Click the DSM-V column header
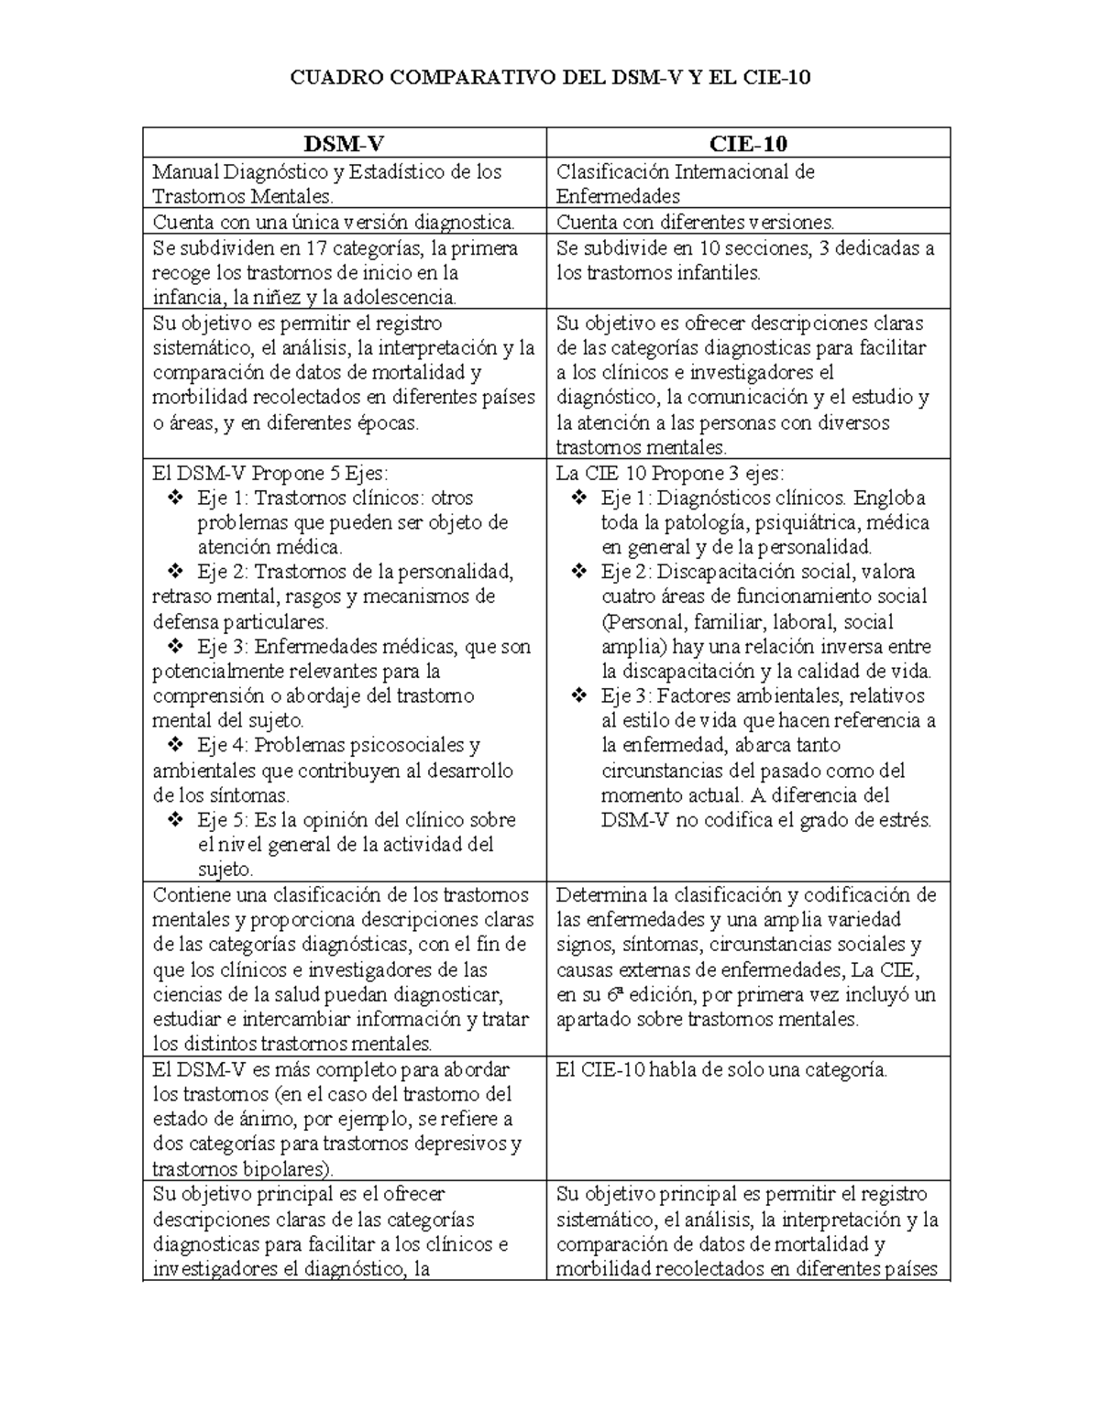pyautogui.click(x=345, y=144)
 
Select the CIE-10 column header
pyautogui.click(x=748, y=144)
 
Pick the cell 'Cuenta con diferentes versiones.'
pyautogui.click(x=696, y=222)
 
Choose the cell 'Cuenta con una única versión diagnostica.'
pyautogui.click(x=333, y=222)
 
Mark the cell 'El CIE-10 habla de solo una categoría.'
pyautogui.click(x=721, y=1069)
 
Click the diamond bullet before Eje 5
pyautogui.click(x=175, y=820)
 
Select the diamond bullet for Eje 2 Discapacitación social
pyautogui.click(x=579, y=573)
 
